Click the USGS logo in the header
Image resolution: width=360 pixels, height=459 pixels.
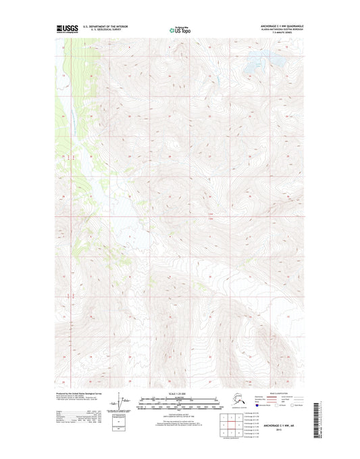66,29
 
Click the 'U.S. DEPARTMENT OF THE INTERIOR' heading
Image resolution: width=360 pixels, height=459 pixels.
105,27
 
